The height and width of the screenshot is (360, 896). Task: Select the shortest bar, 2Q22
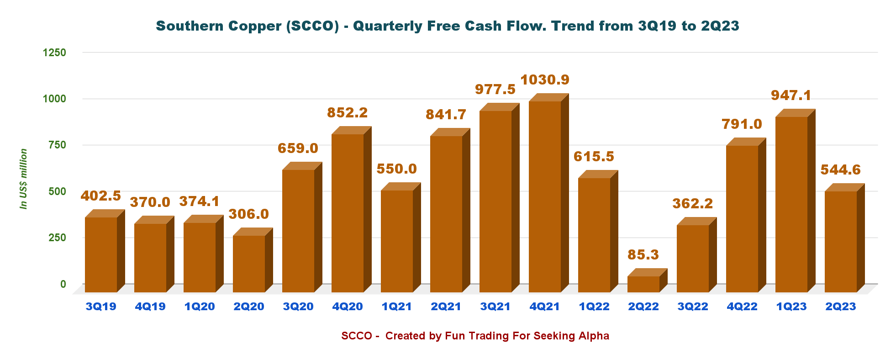click(643, 284)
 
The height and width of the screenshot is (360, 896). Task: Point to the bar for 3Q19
click(101, 254)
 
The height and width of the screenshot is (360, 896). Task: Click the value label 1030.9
click(545, 80)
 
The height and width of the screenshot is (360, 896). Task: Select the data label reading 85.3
click(643, 254)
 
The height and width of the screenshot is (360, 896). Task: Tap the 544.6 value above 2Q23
click(840, 170)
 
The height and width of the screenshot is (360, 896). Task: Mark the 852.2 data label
click(347, 113)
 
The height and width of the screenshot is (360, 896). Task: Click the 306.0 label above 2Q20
click(248, 214)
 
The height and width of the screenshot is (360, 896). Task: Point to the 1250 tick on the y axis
click(54, 53)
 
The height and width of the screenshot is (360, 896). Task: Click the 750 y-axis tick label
click(57, 145)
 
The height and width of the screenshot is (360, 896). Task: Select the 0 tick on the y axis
click(63, 284)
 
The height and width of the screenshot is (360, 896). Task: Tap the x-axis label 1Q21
click(396, 307)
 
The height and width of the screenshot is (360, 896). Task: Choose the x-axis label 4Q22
click(742, 307)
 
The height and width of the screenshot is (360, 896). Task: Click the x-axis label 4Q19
click(150, 307)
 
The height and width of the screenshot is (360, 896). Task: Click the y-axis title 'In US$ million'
click(23, 179)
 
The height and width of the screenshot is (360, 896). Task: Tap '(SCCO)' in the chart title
click(312, 26)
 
